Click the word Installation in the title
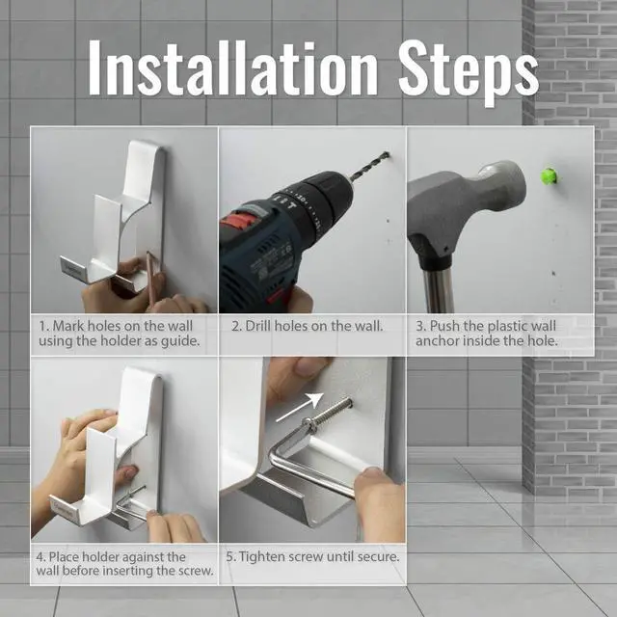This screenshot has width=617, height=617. click(x=233, y=67)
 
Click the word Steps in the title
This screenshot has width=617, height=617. click(x=469, y=73)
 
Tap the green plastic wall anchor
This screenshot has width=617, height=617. click(x=549, y=175)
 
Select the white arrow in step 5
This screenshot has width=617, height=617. click(x=299, y=407)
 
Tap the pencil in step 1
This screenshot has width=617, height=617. click(x=151, y=279)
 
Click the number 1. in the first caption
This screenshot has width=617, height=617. click(x=44, y=326)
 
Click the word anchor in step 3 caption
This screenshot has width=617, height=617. click(x=437, y=340)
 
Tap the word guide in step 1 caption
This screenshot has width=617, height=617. click(x=180, y=341)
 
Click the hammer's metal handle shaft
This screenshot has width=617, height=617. click(x=437, y=289)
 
